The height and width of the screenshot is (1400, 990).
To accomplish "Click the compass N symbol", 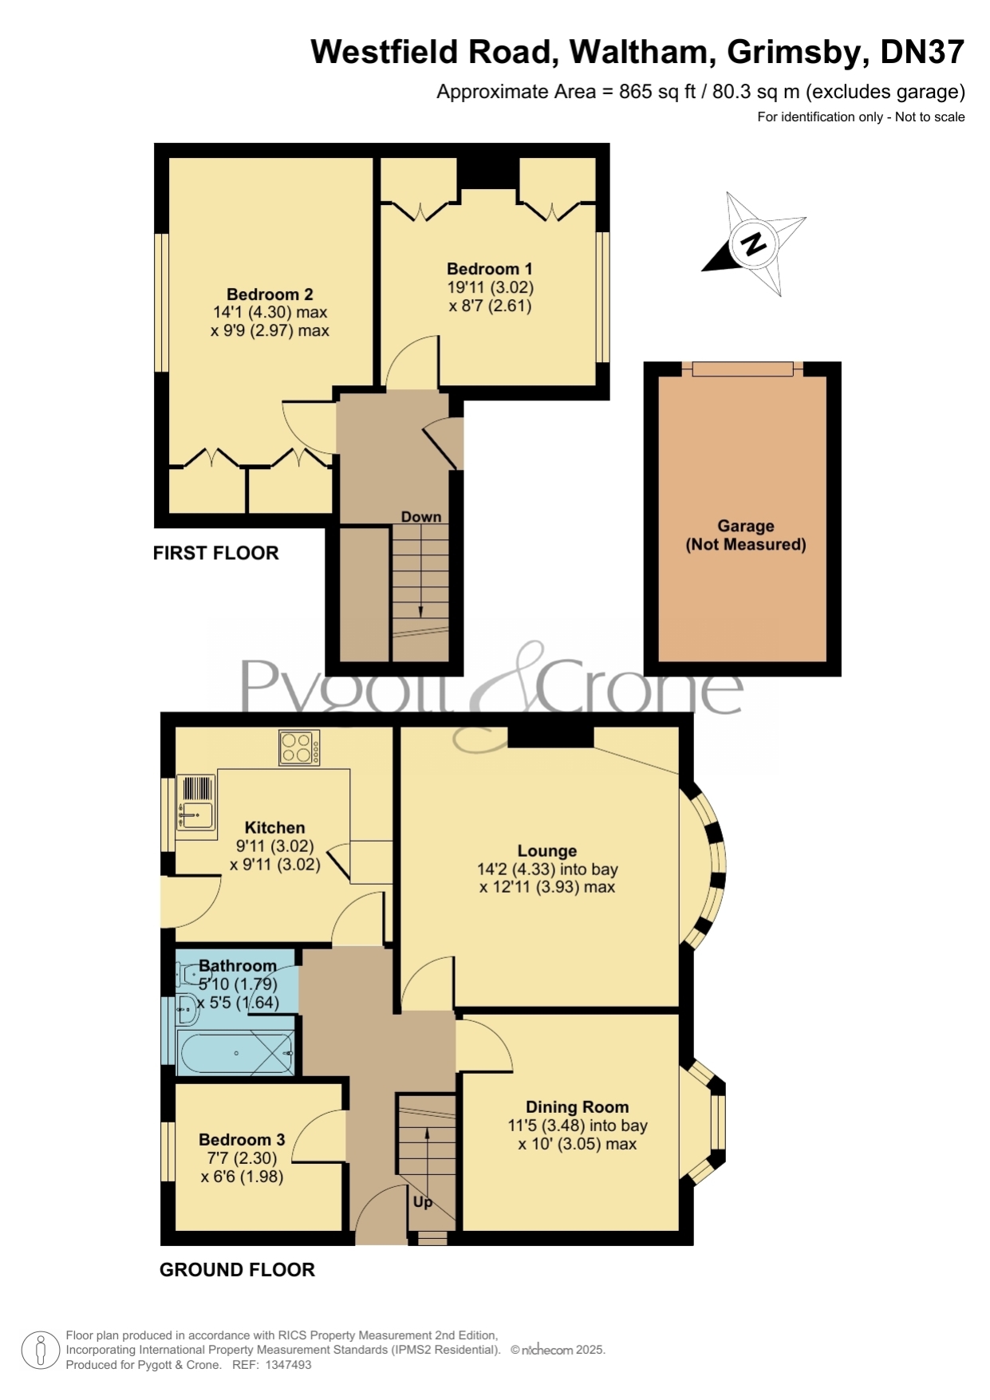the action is click(x=754, y=244).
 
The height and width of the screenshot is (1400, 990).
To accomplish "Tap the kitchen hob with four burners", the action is click(x=299, y=748).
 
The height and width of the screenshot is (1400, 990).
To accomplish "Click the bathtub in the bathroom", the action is click(x=237, y=1053).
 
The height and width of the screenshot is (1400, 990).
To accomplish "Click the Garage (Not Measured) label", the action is click(x=746, y=535).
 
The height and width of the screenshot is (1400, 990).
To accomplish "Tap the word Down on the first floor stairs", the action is click(x=421, y=517).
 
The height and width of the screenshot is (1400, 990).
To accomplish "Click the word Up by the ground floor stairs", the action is click(x=423, y=1201).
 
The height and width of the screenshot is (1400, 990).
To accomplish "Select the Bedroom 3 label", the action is click(x=242, y=1140).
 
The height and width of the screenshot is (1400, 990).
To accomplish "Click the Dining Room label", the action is click(x=578, y=1107).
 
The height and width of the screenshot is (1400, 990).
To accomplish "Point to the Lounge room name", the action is click(x=547, y=851).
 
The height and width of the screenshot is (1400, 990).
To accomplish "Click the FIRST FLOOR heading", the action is click(x=216, y=553).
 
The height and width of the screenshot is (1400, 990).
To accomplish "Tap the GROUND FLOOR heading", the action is click(x=237, y=1269).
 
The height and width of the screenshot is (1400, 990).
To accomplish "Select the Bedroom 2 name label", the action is click(x=270, y=294).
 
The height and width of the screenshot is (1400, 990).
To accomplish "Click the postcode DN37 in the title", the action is click(x=922, y=52).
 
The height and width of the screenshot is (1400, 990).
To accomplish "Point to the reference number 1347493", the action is click(x=288, y=1365).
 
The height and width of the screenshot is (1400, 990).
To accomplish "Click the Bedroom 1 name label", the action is click(x=490, y=269).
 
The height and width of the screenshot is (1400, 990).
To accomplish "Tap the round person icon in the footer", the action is click(x=40, y=1351).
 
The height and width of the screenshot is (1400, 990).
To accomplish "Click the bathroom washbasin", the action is click(x=187, y=1009).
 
